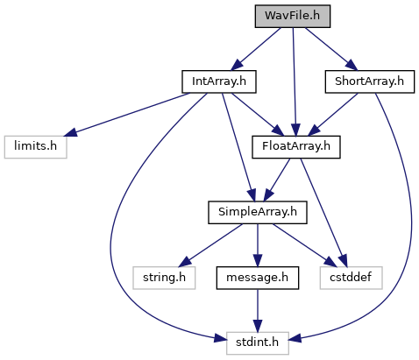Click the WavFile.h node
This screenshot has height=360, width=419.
point(293,17)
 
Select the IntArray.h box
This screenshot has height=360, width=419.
point(219,81)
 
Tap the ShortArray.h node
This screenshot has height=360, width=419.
point(370,81)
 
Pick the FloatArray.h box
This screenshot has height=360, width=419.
point(296,147)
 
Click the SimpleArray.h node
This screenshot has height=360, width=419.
point(258,213)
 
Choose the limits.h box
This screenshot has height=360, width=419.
point(35,147)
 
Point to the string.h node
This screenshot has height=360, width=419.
point(164,278)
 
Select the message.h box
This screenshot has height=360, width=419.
point(258,278)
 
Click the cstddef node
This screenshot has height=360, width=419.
point(351,278)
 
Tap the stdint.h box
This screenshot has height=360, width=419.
point(258,343)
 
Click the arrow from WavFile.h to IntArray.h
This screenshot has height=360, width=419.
point(256,49)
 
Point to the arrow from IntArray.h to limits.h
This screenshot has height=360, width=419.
point(127,115)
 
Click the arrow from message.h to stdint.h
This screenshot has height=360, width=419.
point(258,311)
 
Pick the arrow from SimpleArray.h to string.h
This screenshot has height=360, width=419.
point(210,245)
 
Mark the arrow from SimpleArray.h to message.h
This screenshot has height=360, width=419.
point(258,245)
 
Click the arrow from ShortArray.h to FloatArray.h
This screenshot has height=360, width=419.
point(333,115)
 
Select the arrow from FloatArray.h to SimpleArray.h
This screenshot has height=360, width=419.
point(277,180)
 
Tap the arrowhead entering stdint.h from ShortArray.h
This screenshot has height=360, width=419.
point(295,339)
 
